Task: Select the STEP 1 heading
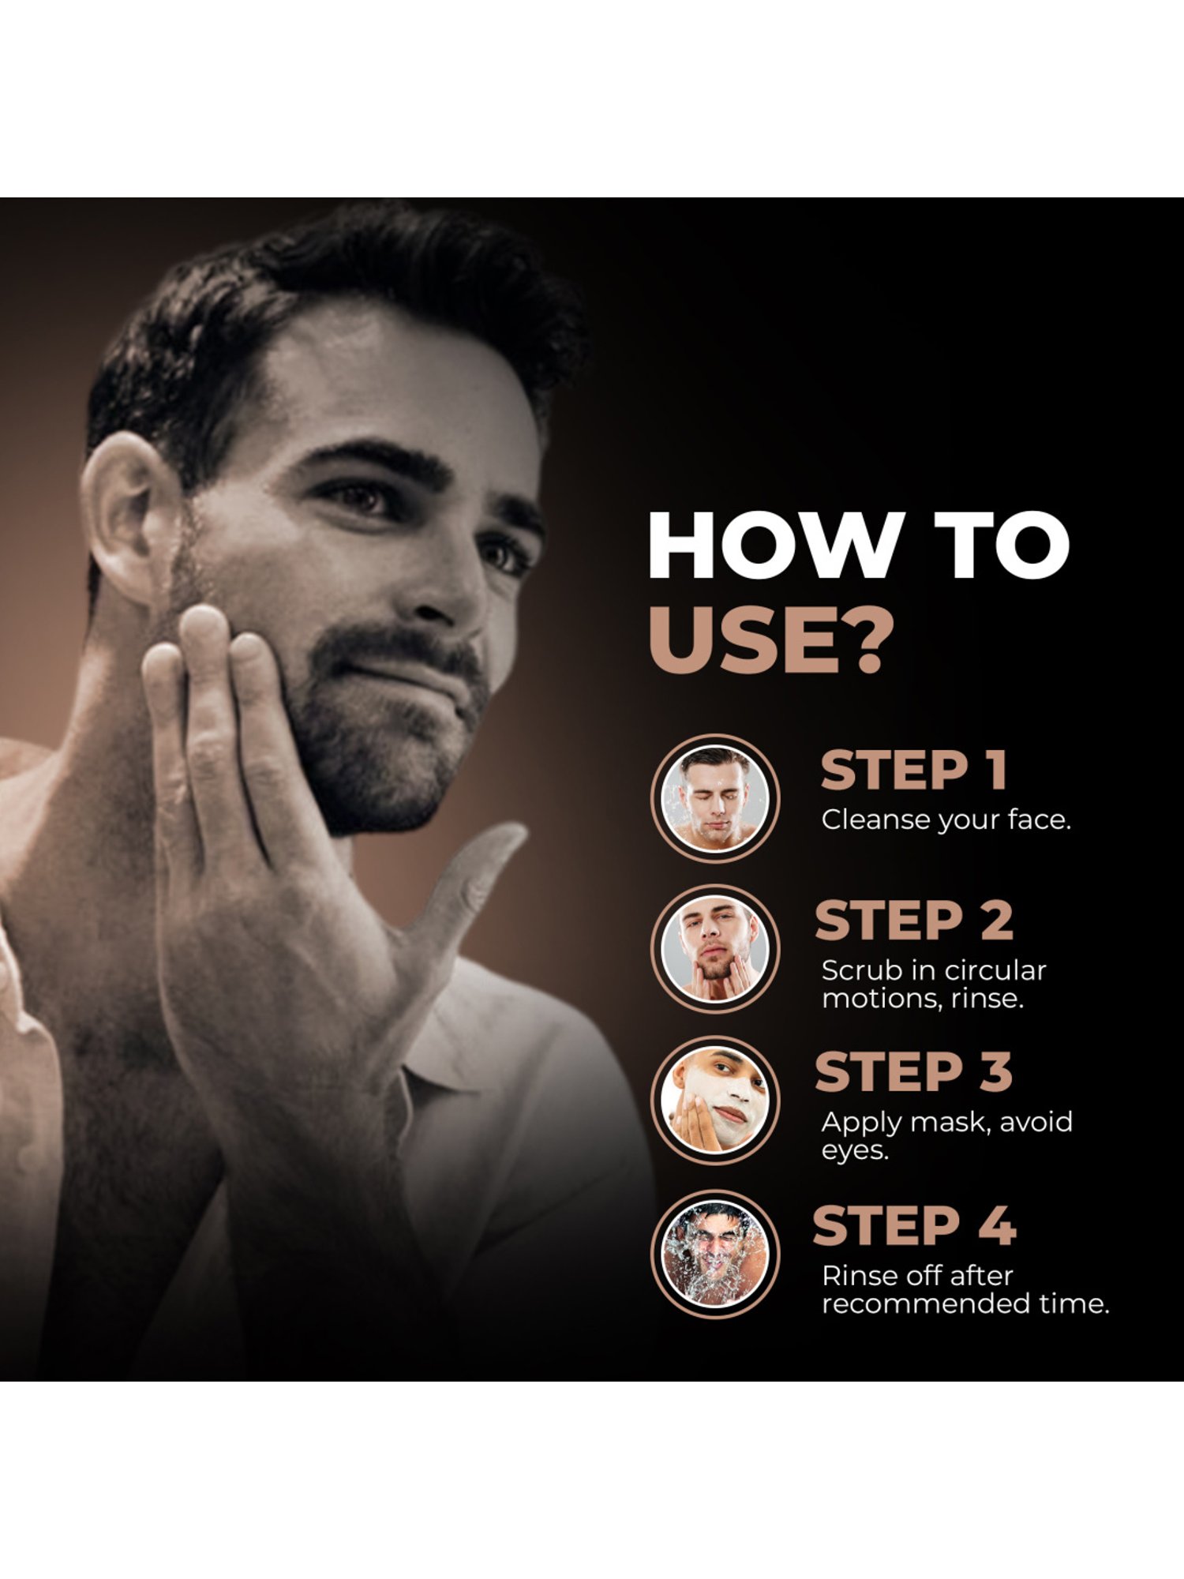click(x=913, y=771)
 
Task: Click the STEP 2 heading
click(x=913, y=921)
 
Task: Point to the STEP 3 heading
click(x=913, y=1072)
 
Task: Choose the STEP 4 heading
click(x=913, y=1226)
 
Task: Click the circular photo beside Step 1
click(x=715, y=799)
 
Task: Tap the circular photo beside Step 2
click(x=715, y=950)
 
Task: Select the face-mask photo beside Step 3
click(x=715, y=1101)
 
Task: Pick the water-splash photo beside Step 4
click(x=715, y=1255)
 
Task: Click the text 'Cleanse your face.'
click(x=946, y=820)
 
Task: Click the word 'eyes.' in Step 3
click(x=855, y=1150)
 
